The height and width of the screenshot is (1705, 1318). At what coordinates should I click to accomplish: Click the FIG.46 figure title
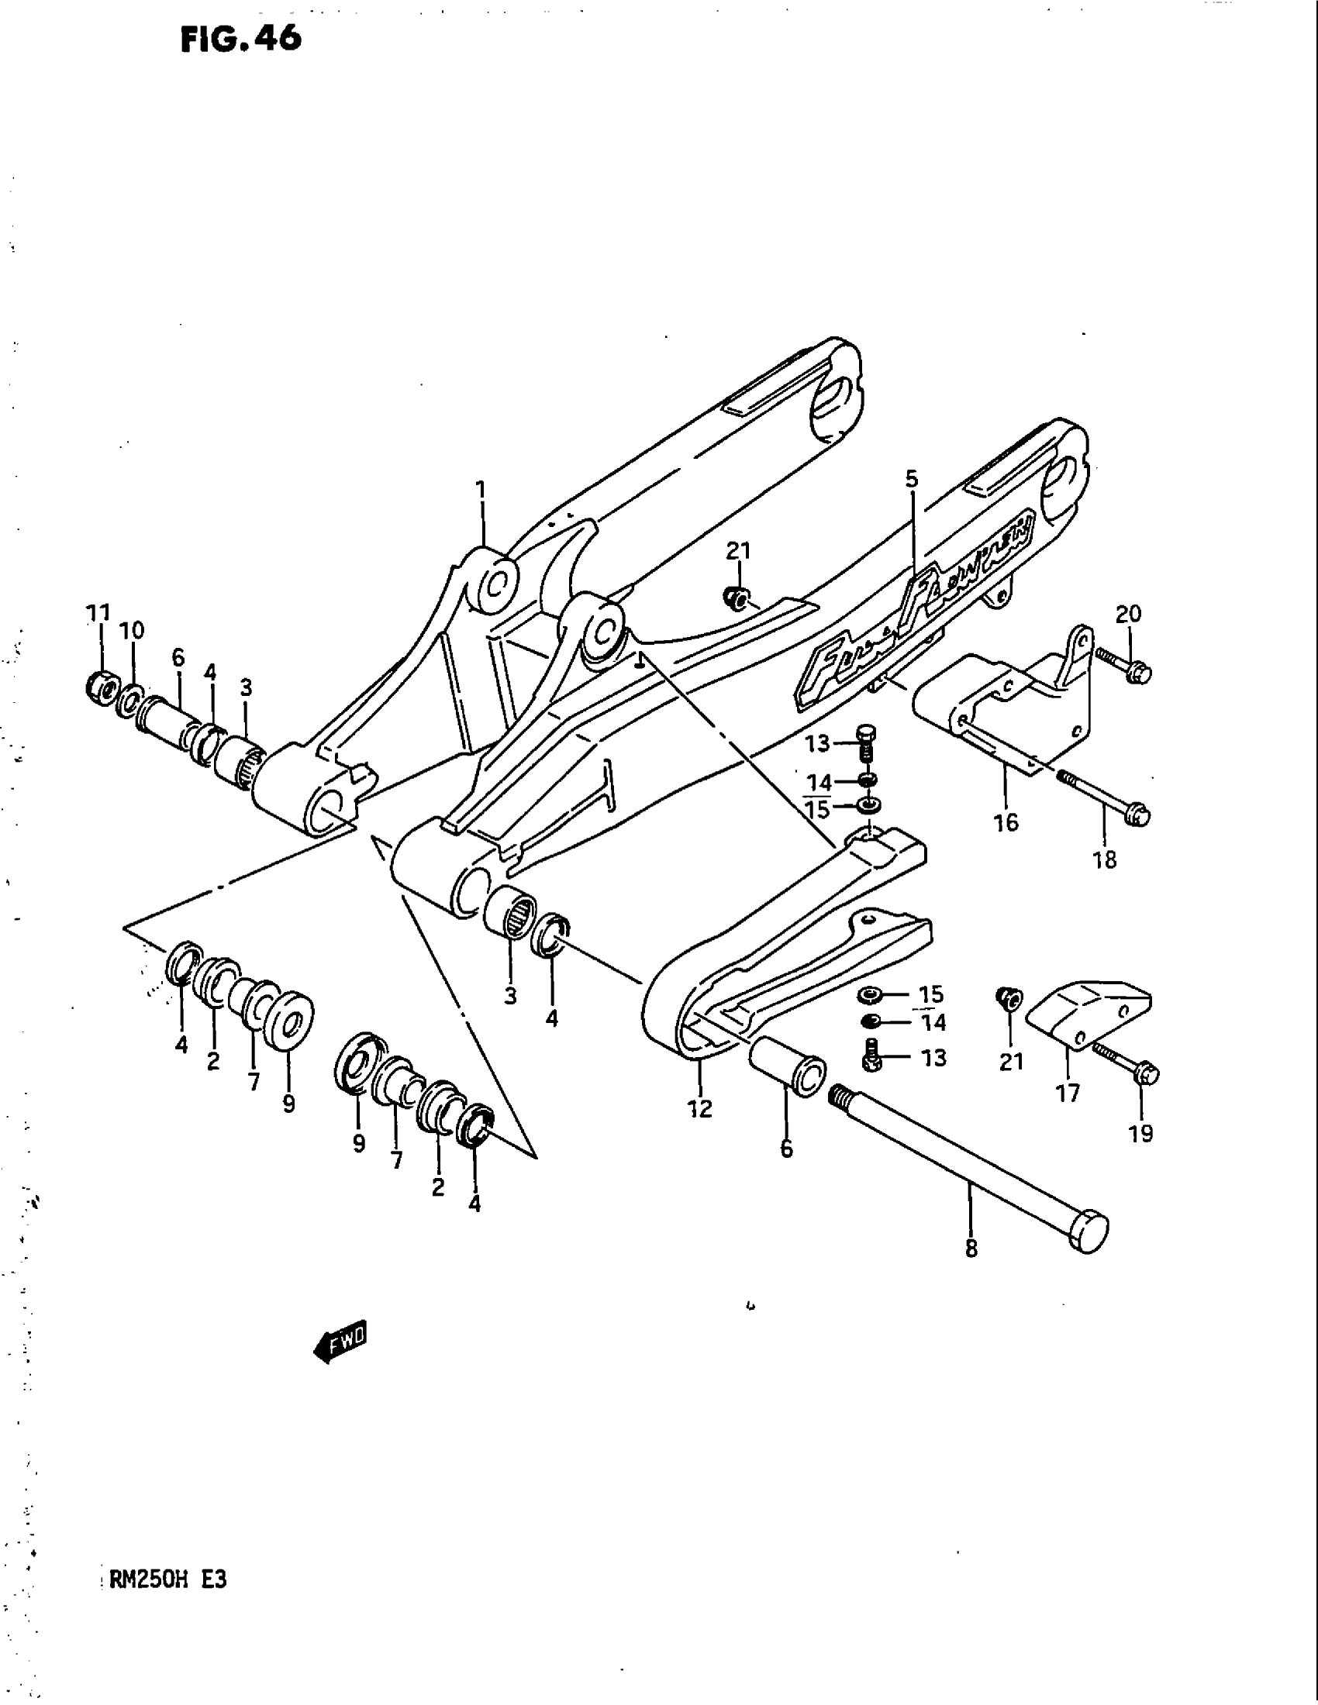tap(240, 39)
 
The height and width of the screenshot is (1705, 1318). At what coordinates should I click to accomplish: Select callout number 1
tap(481, 491)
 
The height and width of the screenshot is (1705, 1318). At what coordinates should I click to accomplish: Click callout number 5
tap(913, 479)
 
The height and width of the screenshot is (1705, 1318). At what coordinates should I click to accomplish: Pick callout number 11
tap(98, 613)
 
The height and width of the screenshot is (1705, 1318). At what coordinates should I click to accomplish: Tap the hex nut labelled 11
tap(101, 685)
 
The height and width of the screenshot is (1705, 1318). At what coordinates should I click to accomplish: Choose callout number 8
tap(971, 1250)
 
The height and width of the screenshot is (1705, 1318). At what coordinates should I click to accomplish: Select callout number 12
tap(700, 1107)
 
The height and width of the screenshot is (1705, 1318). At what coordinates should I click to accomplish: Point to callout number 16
tap(1006, 822)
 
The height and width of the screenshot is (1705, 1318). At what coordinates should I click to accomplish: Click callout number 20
tap(1128, 615)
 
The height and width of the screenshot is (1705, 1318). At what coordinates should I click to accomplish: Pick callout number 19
tap(1140, 1133)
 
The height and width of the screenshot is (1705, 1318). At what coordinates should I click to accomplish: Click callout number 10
tap(132, 630)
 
